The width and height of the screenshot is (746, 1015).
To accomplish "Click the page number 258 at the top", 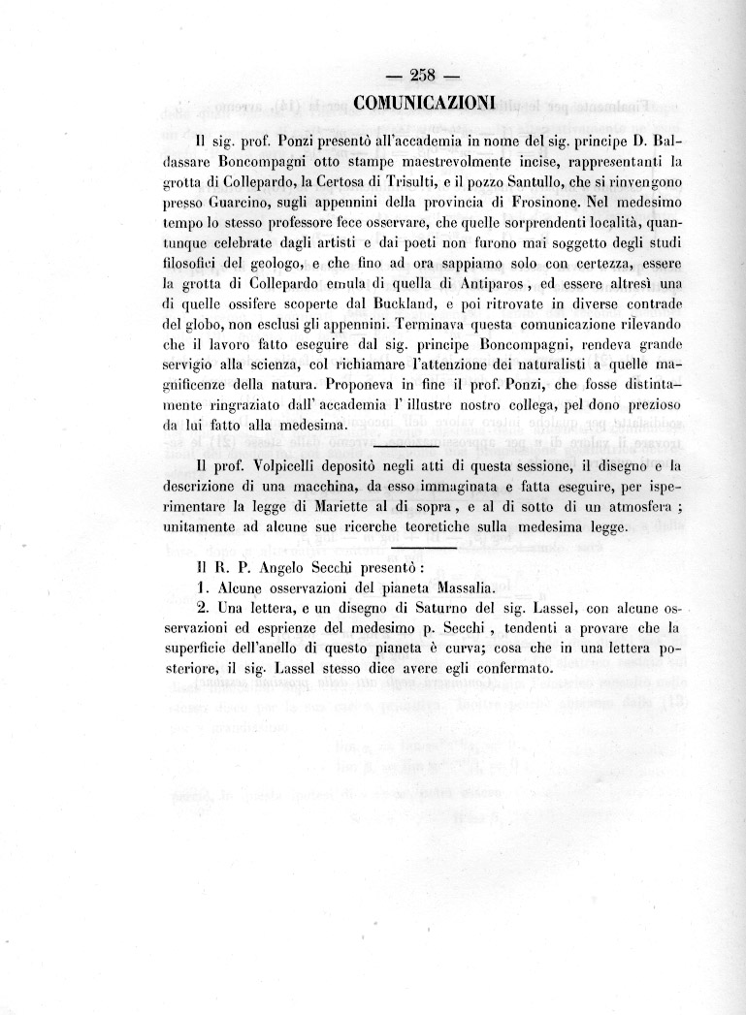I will point(420,78).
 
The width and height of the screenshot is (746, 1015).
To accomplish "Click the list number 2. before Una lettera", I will point(202,608).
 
